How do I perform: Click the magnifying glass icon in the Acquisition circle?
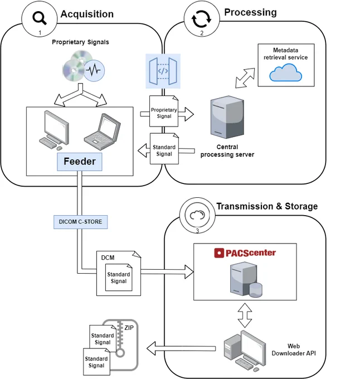tap(40, 18)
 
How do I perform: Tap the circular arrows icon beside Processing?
tap(201, 18)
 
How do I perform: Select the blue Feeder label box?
tap(80, 162)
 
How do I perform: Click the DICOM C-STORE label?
tap(80, 222)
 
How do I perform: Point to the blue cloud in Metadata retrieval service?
tap(285, 73)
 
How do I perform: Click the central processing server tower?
tap(227, 117)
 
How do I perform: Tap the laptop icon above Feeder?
tap(103, 132)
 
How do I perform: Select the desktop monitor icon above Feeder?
tap(54, 130)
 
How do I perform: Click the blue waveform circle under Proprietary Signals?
tap(94, 71)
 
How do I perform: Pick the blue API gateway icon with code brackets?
tap(163, 71)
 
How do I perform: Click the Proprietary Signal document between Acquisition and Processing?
tap(164, 111)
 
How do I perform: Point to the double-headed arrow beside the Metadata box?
tap(245, 78)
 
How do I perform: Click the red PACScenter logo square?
tap(219, 253)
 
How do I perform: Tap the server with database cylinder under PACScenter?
tap(246, 280)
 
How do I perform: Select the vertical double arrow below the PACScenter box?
tap(245, 315)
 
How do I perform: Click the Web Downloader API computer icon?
tap(245, 351)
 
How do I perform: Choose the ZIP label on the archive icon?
tap(129, 328)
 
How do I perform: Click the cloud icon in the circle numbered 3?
tap(197, 215)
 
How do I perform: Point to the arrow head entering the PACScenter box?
tap(189, 272)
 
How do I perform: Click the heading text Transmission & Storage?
tap(267, 206)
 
